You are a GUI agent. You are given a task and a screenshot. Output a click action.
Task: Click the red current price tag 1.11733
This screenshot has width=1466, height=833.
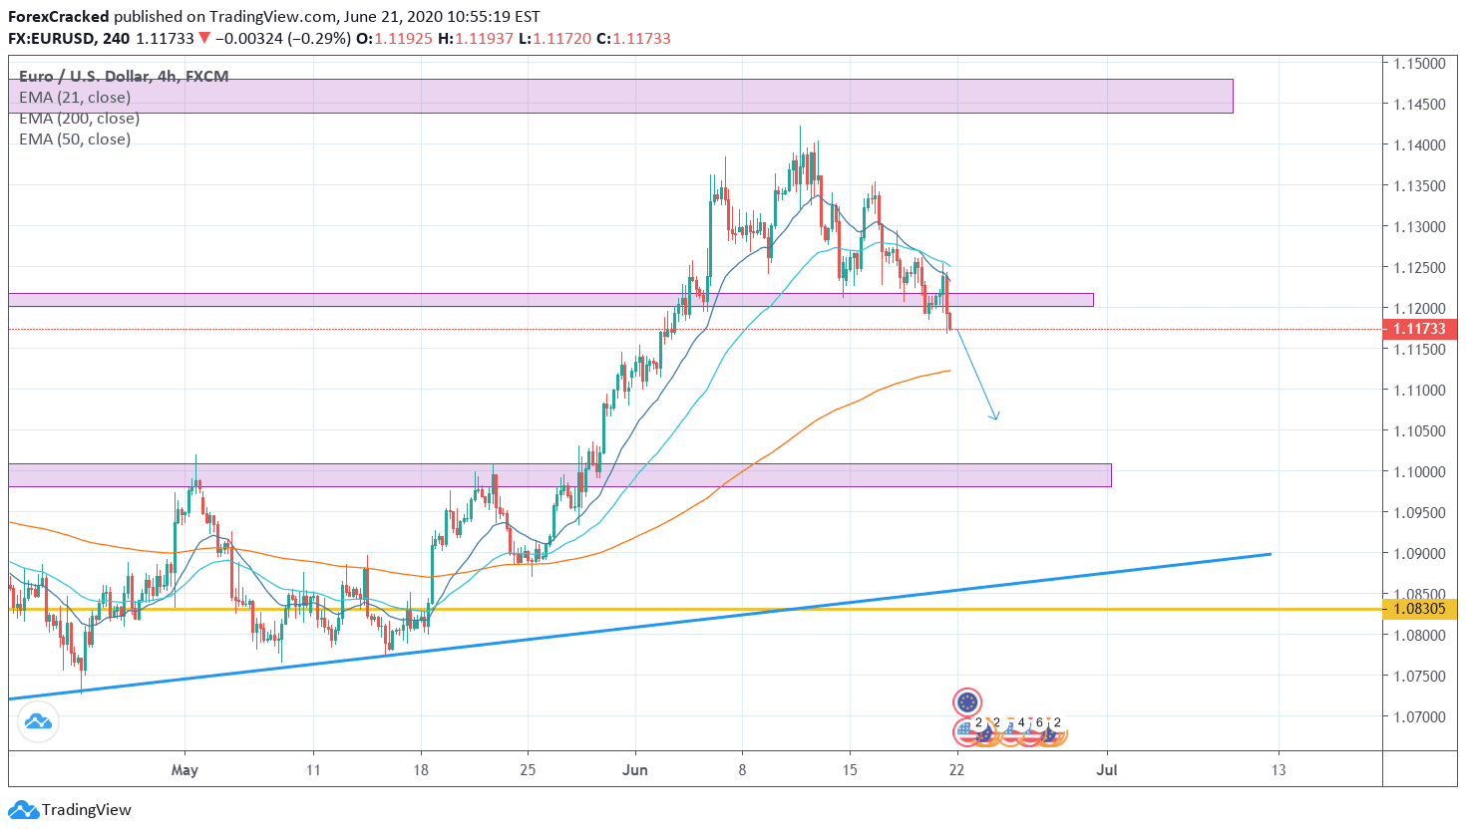click(1419, 329)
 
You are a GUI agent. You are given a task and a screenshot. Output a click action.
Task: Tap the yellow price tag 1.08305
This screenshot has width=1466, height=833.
click(1419, 609)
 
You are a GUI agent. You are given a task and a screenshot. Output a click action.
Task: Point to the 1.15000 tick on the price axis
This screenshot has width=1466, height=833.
click(1419, 64)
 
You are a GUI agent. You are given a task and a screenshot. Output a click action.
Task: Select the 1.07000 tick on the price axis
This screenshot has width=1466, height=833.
click(1419, 717)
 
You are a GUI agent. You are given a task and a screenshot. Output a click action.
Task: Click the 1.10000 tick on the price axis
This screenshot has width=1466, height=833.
click(1419, 472)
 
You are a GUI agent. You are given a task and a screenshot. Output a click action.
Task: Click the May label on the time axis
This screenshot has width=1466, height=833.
click(184, 770)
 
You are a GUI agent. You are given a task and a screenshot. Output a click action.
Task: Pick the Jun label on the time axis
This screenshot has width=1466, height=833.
click(634, 770)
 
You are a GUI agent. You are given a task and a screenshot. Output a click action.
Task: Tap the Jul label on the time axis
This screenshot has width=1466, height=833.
click(1106, 770)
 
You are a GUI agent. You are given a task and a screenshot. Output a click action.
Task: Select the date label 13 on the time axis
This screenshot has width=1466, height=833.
click(1279, 770)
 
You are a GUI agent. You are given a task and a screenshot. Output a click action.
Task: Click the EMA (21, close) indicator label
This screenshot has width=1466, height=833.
click(75, 98)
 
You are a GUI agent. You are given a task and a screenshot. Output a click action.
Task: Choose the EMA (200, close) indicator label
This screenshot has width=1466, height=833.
click(79, 119)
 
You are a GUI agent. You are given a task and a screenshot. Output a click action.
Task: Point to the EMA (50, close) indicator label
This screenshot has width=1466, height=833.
click(75, 139)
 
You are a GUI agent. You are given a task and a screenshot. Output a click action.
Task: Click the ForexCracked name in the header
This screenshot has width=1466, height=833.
click(59, 17)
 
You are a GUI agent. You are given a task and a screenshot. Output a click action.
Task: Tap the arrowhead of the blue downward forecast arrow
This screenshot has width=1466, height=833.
click(994, 416)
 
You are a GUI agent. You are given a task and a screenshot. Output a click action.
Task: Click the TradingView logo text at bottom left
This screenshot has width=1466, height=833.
click(86, 810)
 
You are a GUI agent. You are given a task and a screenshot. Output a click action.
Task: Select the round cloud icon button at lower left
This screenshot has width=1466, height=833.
click(38, 721)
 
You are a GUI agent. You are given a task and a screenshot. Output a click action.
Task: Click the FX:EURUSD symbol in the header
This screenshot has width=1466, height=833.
click(52, 39)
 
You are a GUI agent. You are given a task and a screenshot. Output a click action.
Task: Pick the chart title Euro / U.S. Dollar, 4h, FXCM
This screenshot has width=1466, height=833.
click(124, 77)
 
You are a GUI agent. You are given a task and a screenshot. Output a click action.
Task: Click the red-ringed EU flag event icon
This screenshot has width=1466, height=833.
click(967, 702)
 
